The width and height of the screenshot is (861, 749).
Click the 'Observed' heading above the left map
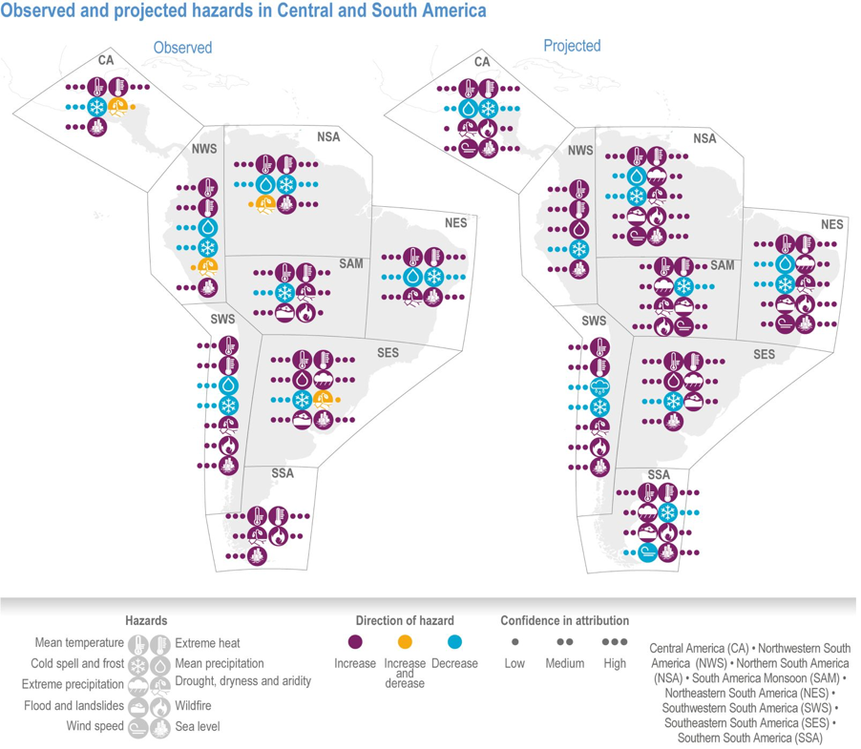pyautogui.click(x=183, y=48)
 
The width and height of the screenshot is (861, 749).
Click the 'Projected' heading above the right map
pyautogui.click(x=572, y=46)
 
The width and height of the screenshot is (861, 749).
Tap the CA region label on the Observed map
pyautogui.click(x=106, y=60)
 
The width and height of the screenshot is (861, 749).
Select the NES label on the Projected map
pyautogui.click(x=832, y=224)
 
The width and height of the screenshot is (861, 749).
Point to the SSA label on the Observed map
pyautogui.click(x=283, y=473)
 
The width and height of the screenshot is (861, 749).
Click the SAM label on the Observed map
pyautogui.click(x=351, y=264)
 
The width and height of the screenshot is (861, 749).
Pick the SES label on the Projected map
pyautogui.click(x=764, y=355)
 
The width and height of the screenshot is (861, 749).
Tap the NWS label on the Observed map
pyautogui.click(x=204, y=149)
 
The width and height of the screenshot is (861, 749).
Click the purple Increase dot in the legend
pyautogui.click(x=355, y=642)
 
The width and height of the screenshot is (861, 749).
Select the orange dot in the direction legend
pyautogui.click(x=405, y=642)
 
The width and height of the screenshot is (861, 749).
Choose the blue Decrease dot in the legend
pyautogui.click(x=454, y=642)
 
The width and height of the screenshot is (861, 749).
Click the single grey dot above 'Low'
pyautogui.click(x=514, y=642)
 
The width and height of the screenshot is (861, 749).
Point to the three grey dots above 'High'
pyautogui.click(x=615, y=642)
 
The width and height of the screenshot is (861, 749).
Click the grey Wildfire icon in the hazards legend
pyautogui.click(x=160, y=706)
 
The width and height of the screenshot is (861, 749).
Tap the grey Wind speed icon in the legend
pyautogui.click(x=137, y=727)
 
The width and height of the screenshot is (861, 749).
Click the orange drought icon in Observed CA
pyautogui.click(x=117, y=107)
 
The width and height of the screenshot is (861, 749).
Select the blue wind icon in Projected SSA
pyautogui.click(x=647, y=552)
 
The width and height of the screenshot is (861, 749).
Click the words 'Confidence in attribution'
pyautogui.click(x=564, y=620)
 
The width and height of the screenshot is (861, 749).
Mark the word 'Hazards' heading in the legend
pyautogui.click(x=146, y=620)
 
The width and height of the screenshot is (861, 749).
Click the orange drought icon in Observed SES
pyautogui.click(x=323, y=400)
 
